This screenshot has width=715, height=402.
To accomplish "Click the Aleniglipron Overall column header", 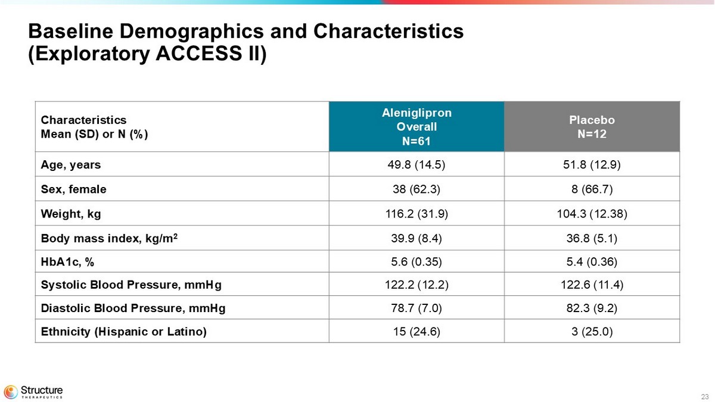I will [416, 126].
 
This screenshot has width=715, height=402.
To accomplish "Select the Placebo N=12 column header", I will [592, 126].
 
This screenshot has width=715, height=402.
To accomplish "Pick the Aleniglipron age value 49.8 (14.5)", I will [416, 164].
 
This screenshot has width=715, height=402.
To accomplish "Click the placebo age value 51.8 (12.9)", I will [592, 164].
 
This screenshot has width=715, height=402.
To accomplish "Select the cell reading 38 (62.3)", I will [416, 189].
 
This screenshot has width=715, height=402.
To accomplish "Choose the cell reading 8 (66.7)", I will [592, 189].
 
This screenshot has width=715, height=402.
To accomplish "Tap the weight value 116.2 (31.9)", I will [416, 213].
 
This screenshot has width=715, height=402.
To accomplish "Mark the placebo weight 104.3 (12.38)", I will [592, 213].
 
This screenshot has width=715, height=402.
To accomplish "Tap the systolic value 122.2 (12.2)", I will [416, 284].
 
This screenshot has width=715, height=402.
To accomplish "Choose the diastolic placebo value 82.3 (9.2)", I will [592, 308].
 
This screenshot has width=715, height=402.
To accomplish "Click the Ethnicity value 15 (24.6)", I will [416, 331].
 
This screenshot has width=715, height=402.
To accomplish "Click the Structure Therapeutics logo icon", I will [11, 391].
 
